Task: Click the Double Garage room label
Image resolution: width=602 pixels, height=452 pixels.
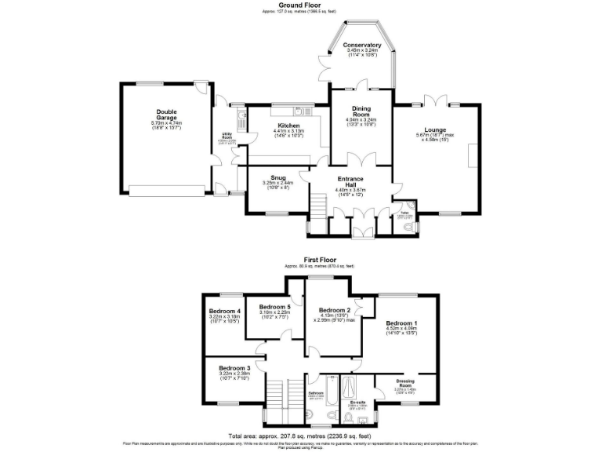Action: [x=165, y=115]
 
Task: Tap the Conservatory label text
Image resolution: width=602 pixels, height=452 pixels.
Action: [x=362, y=46]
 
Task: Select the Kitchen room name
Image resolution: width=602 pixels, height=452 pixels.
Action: [x=286, y=125]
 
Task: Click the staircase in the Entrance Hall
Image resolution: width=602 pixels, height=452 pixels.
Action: [x=317, y=206]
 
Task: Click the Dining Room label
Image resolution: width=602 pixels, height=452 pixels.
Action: [x=361, y=114]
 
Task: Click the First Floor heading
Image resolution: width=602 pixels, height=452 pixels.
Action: [x=321, y=258]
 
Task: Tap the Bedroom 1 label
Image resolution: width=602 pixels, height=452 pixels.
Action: [x=400, y=323]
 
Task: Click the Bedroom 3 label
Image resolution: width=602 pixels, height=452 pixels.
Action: [x=235, y=368]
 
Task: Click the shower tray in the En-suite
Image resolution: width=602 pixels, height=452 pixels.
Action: [x=350, y=388]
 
